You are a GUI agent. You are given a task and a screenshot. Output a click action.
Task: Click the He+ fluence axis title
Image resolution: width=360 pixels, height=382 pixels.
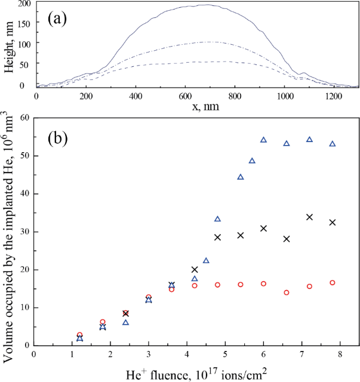tap(196, 372)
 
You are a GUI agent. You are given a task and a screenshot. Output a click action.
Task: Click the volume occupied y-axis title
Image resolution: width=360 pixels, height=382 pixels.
tap(8, 231)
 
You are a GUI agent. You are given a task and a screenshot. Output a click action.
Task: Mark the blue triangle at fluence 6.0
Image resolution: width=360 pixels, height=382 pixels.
tap(263, 140)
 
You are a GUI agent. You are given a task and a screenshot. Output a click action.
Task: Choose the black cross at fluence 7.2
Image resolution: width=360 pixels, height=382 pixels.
tap(309, 217)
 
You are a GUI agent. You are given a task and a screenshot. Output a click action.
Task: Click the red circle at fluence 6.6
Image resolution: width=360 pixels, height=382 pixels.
tap(287, 292)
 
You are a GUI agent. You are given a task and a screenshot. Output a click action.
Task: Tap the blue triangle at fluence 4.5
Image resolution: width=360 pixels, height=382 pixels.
tap(206, 261)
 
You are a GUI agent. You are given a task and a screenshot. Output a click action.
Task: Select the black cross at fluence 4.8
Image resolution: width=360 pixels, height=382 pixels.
tap(217, 237)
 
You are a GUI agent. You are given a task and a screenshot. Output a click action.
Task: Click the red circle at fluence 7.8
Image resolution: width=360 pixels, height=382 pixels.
tap(332, 283)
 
